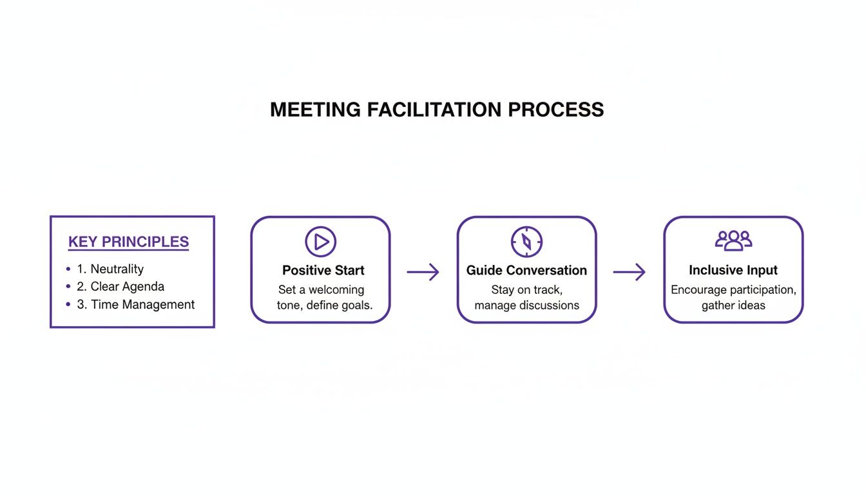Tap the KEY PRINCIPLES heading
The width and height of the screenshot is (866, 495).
pos(128,242)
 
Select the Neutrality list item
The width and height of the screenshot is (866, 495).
pos(117,269)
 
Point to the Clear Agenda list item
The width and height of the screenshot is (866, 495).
pos(127,287)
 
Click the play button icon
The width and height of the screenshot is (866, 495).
pos(321,242)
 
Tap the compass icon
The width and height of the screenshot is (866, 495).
pos(527,242)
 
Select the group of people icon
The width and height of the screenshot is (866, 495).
pos(733,240)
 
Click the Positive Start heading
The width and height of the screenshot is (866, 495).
pos(323,271)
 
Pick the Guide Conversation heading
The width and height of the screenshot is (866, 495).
pos(527,271)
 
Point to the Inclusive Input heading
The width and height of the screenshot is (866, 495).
pos(733,271)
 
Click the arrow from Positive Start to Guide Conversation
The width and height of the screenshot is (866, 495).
pos(423,272)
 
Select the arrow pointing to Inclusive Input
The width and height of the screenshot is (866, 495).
pos(630,272)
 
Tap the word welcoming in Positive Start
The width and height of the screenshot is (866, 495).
pos(336,290)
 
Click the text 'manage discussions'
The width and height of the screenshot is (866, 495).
pos(527,306)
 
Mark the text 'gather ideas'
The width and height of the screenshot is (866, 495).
pos(733,306)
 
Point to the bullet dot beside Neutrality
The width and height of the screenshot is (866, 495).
pos(68,269)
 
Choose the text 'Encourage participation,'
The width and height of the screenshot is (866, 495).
pos(733,290)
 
